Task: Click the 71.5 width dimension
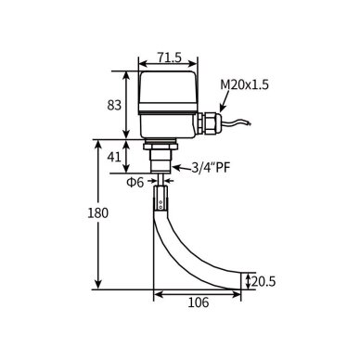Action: click(169, 58)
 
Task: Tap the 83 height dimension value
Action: click(114, 106)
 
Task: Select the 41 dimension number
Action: click(114, 158)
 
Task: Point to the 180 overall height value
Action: click(97, 213)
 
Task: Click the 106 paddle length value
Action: click(199, 302)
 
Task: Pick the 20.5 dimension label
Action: click(264, 281)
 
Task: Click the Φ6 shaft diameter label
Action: click(135, 183)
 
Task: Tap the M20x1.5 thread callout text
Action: click(244, 84)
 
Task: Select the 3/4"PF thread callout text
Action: click(211, 168)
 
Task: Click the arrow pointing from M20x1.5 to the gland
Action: click(225, 101)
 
